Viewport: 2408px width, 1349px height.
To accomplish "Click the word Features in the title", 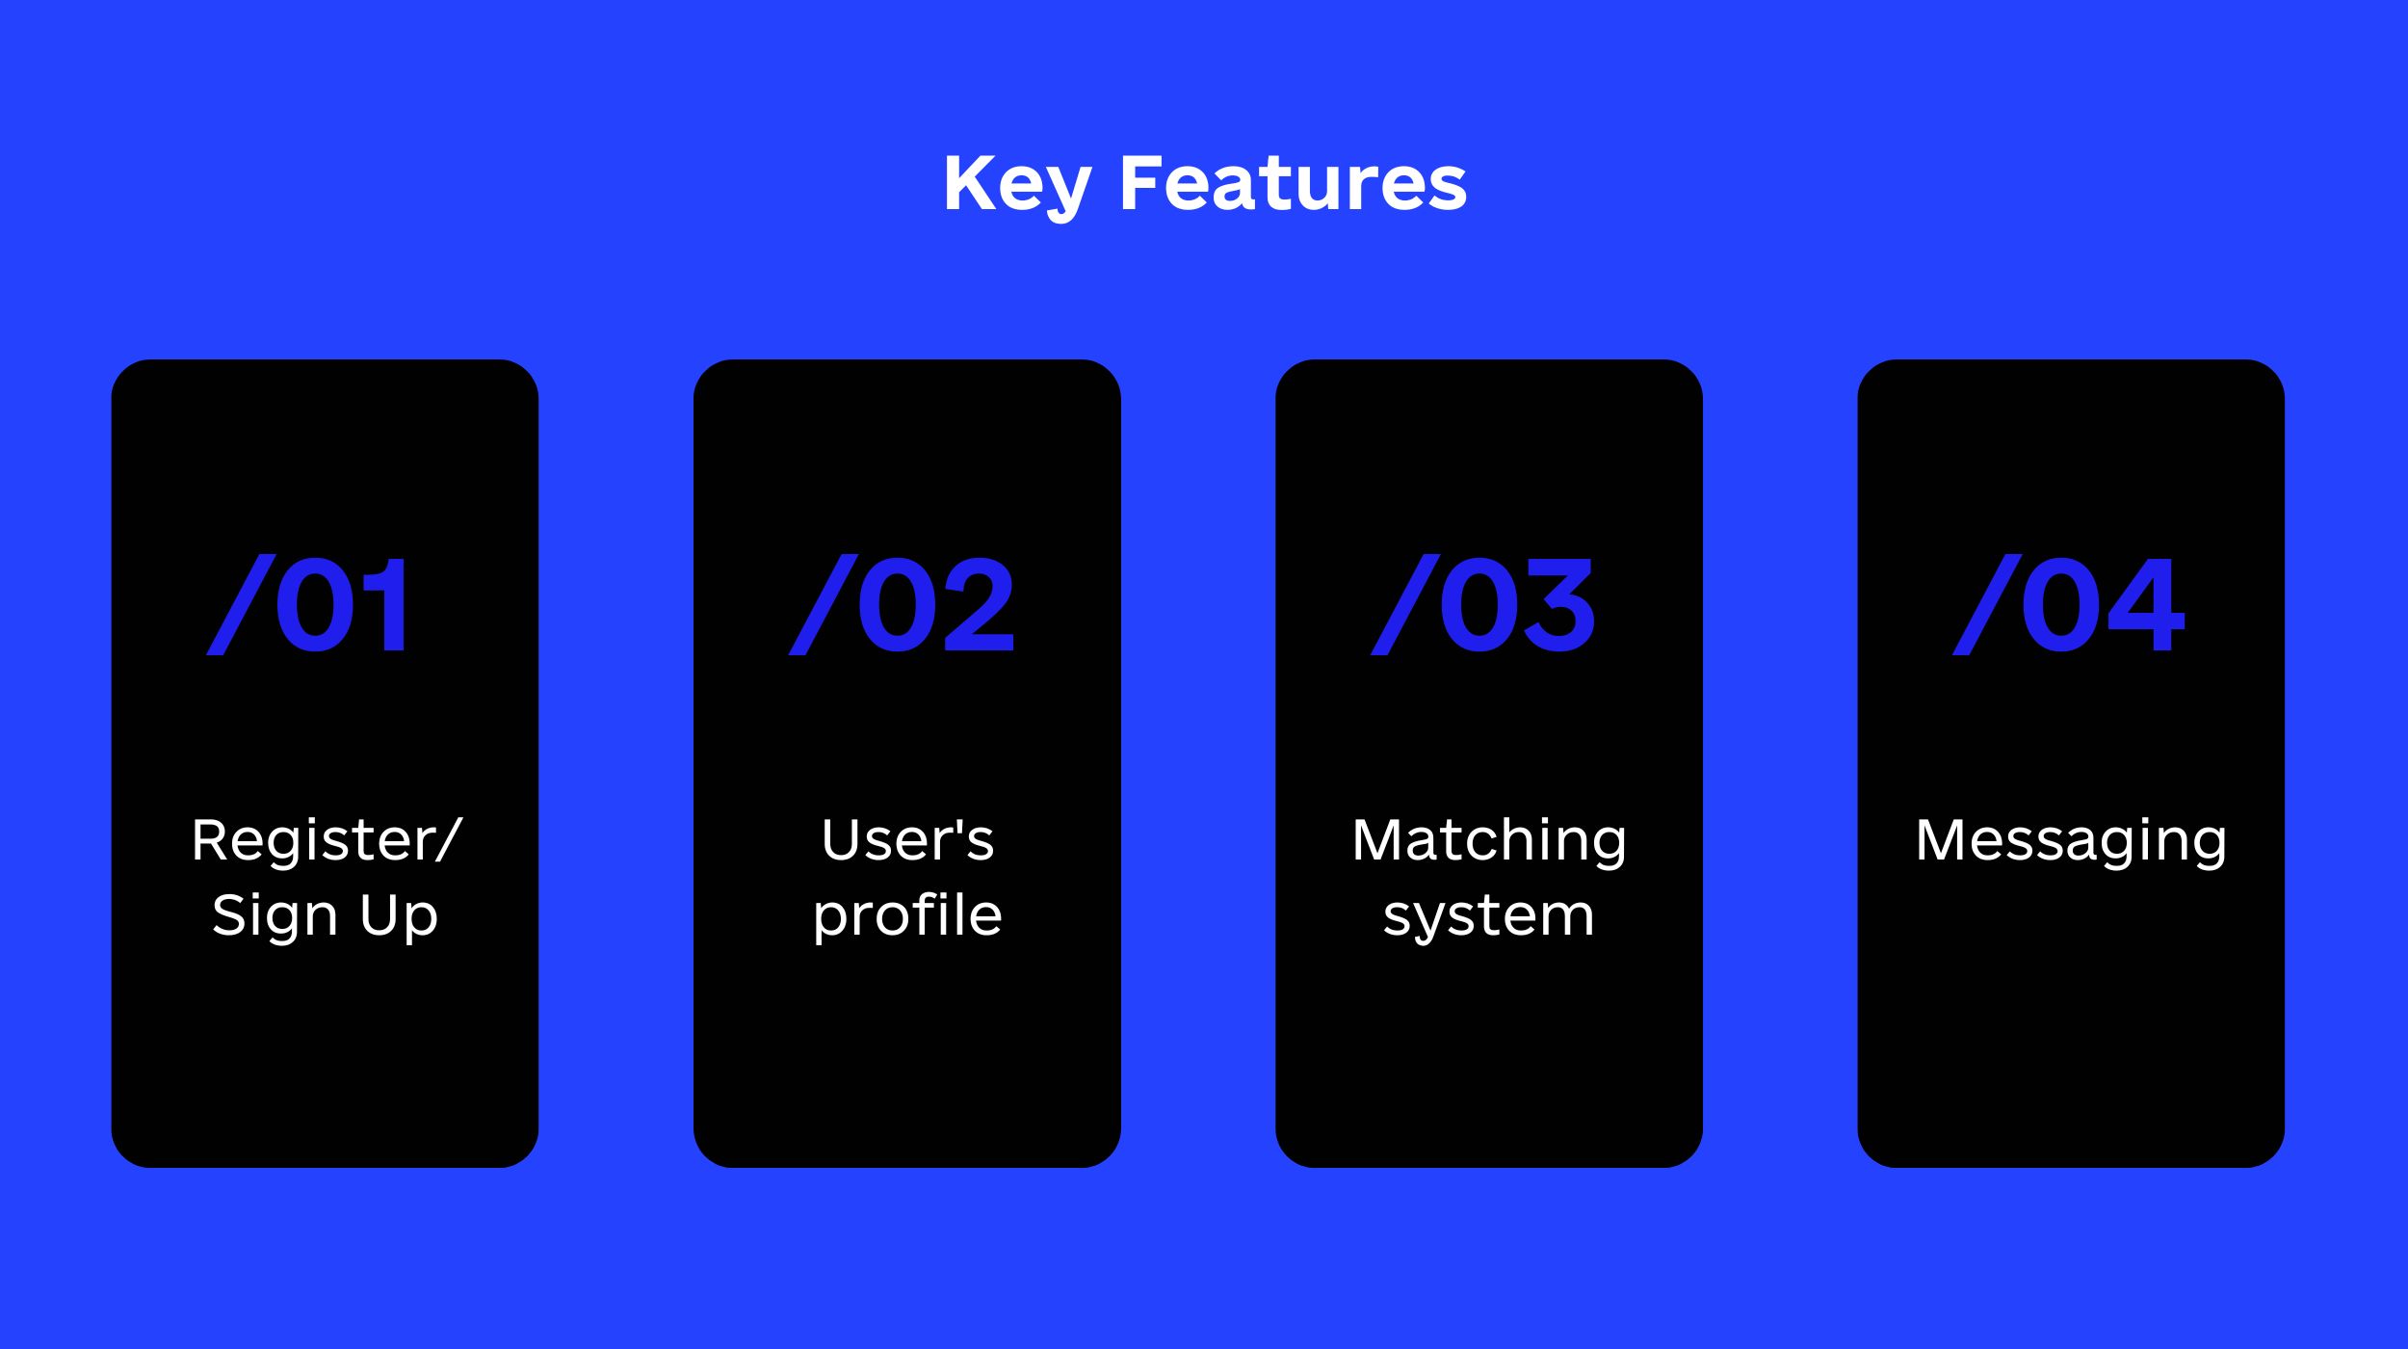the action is pos(1294,183).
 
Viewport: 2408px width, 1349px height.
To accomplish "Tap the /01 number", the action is pos(308,605).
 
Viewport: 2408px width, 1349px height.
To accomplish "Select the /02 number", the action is pos(902,605).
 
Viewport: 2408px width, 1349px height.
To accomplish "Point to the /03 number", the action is pos(1483,605).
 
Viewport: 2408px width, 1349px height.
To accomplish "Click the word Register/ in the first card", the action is pos(327,840).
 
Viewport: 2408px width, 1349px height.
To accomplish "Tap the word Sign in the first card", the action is pos(275,916).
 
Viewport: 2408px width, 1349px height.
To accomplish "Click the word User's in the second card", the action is pos(907,839).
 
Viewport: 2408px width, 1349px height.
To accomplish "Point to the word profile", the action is pos(907,915).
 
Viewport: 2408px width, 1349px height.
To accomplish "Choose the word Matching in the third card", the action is pos(1489,841).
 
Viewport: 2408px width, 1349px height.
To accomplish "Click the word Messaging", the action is pos(2071,841).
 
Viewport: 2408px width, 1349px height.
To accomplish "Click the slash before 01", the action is pos(241,605).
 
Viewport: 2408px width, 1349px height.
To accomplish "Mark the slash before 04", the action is pos(1987,605).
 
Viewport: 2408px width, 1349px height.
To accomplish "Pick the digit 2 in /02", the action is pos(977,605).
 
